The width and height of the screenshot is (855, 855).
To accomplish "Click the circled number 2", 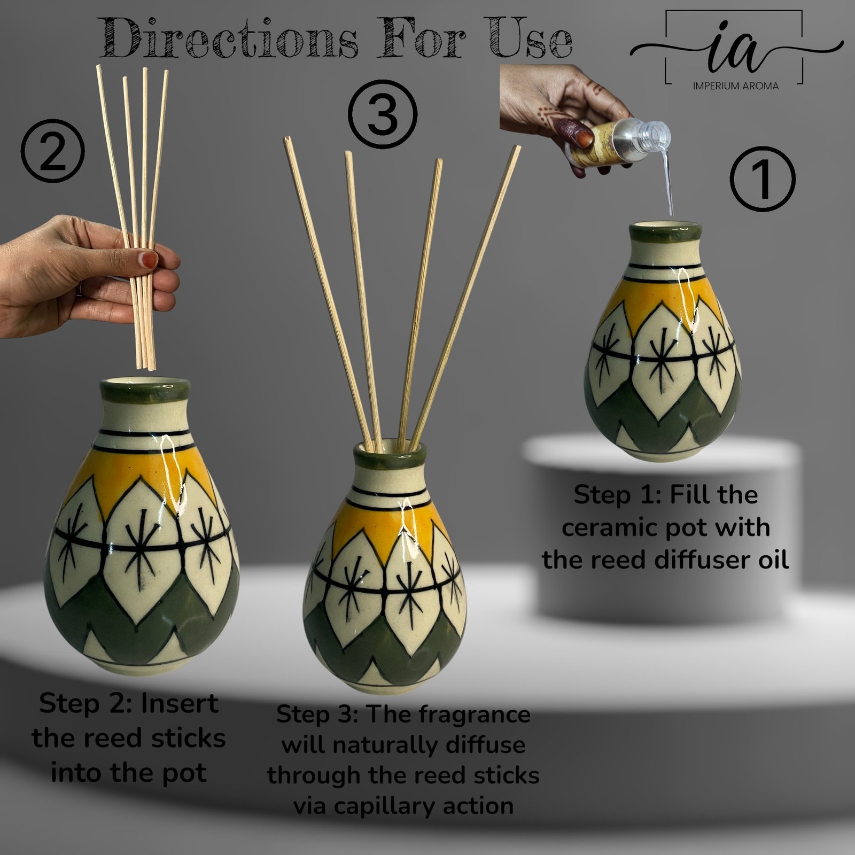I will tap(53, 151).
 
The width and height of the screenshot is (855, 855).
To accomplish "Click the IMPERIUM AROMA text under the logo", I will tap(735, 85).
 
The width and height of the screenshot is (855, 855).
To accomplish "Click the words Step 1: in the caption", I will tap(615, 495).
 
